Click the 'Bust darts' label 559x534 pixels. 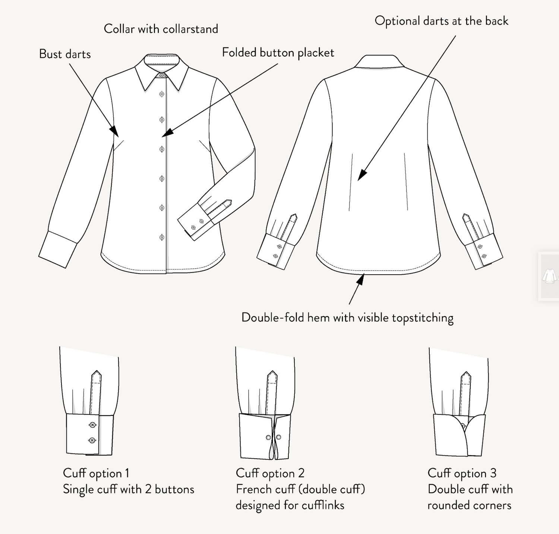[65, 54]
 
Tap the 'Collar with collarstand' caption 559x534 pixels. [161, 29]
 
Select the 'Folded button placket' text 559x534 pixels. [278, 53]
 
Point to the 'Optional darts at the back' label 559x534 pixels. [442, 21]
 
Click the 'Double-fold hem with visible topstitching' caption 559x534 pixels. [347, 318]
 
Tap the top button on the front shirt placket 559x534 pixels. [162, 94]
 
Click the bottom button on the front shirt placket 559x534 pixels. [162, 237]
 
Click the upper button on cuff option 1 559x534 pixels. [92, 425]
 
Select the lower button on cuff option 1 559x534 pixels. [92, 440]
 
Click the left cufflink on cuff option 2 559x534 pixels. [268, 437]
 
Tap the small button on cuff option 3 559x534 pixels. [463, 426]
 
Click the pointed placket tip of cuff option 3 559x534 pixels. [466, 372]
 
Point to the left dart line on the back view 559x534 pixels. [351, 182]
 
